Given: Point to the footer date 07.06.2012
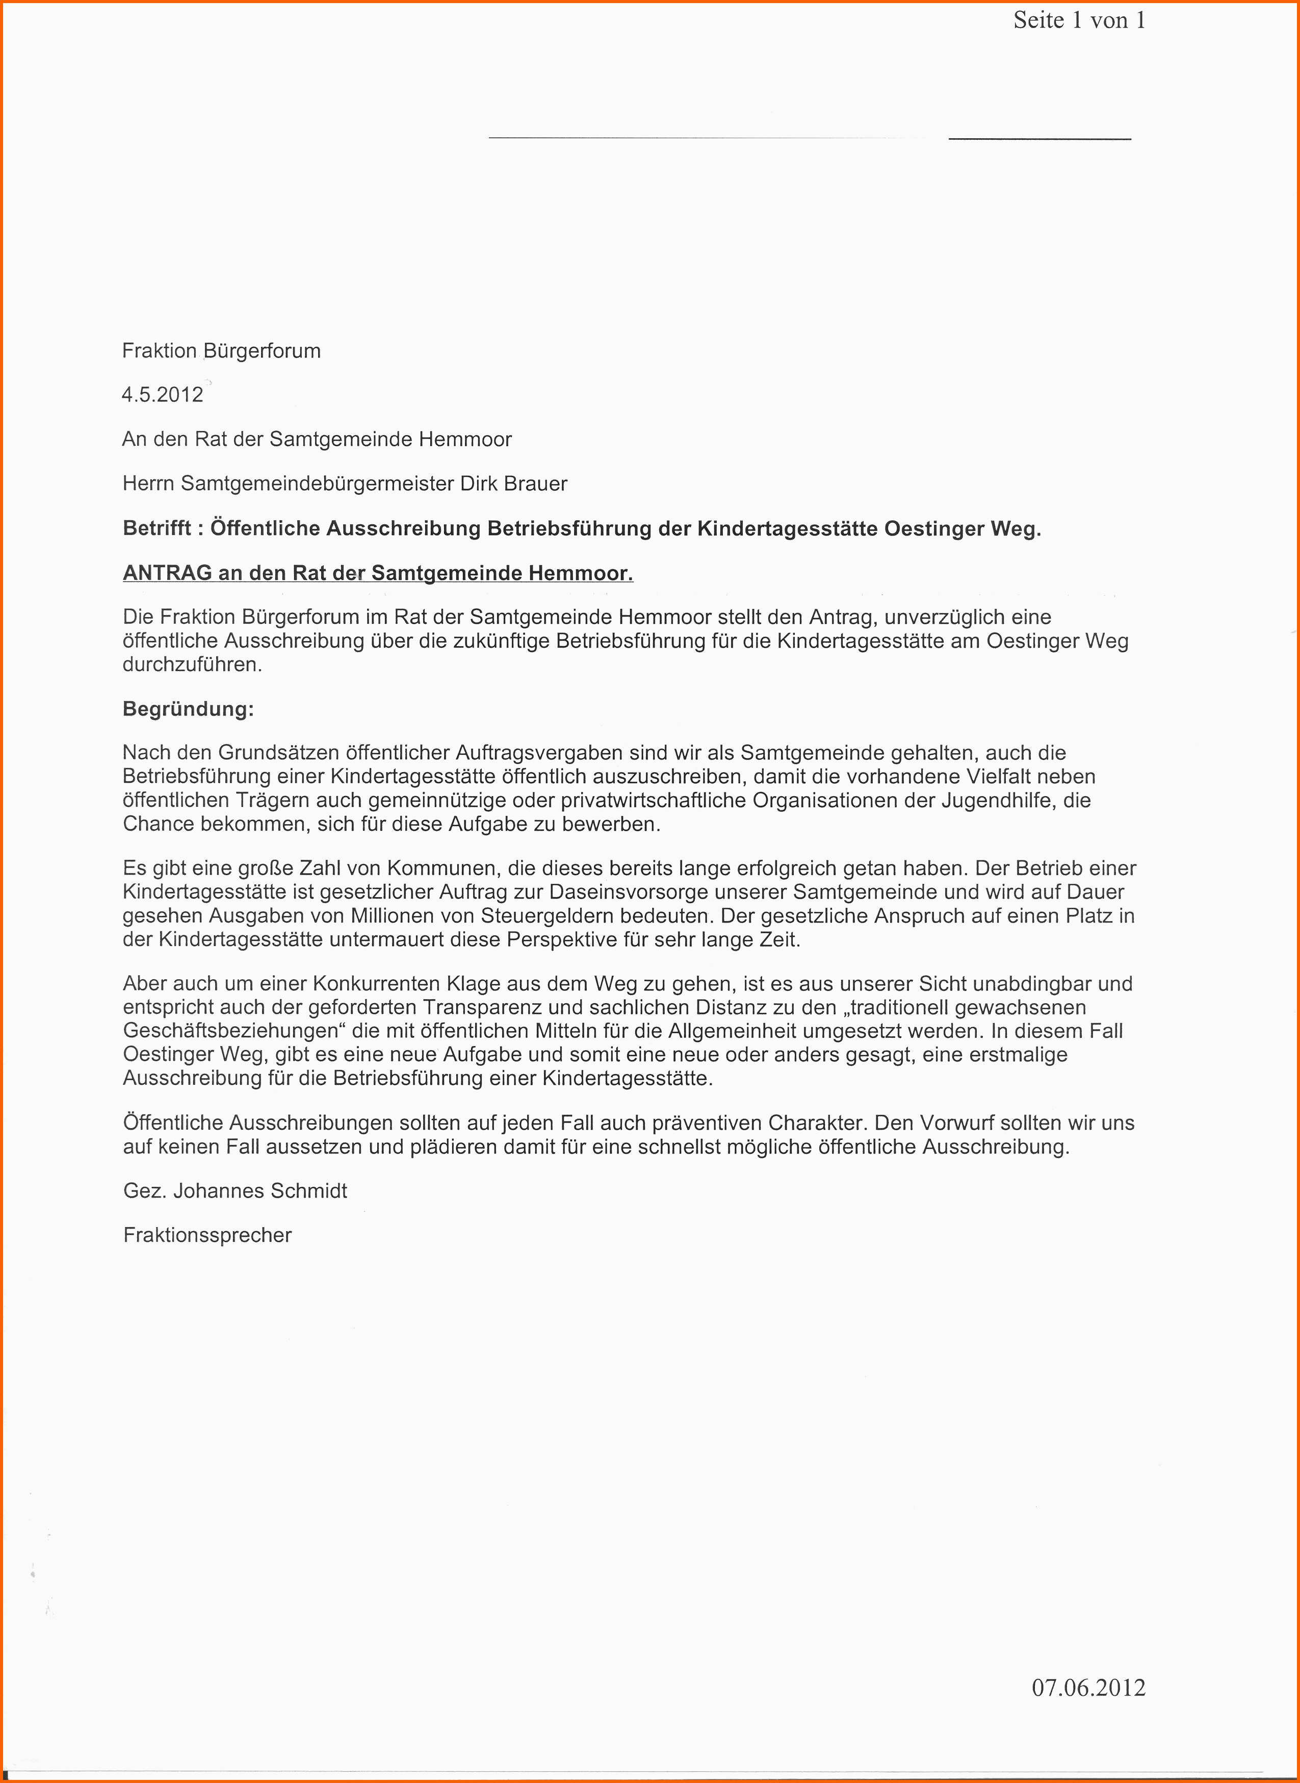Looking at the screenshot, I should pyautogui.click(x=1088, y=1687).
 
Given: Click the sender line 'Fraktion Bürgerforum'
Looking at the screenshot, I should pyautogui.click(x=221, y=351).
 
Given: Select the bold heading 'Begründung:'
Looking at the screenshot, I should pyautogui.click(x=188, y=709).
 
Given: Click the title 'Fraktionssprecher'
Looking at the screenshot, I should pyautogui.click(x=207, y=1235).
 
